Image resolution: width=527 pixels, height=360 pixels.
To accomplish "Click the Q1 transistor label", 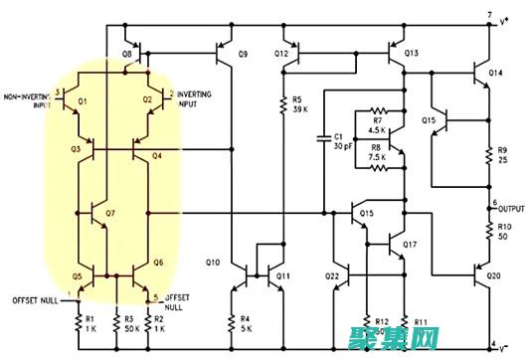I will point(83,101).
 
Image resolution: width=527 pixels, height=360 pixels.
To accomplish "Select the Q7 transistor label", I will point(109,214).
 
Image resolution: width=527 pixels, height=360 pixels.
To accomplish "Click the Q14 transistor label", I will point(495,74).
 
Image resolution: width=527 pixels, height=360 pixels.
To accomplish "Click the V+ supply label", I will point(504,17).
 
